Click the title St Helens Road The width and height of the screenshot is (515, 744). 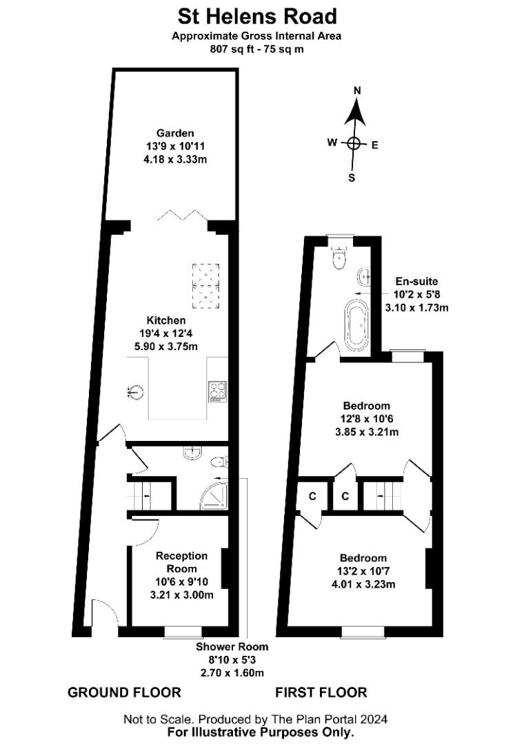click(257, 17)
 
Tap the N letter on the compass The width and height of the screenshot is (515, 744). click(358, 91)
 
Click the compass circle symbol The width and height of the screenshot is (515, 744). click(354, 143)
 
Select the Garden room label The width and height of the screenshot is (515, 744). click(175, 134)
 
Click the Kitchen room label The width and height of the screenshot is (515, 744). click(165, 320)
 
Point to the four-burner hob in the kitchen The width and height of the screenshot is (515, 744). click(217, 391)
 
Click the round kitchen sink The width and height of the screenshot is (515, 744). click(137, 392)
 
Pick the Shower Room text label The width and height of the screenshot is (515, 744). click(232, 647)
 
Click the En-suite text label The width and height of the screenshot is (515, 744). click(416, 281)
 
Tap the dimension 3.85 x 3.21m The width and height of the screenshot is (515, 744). click(367, 432)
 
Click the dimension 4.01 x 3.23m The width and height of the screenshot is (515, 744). click(363, 584)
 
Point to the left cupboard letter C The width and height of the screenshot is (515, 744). click(312, 496)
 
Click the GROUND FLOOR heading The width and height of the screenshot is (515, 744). click(124, 692)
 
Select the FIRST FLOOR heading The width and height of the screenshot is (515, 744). click(321, 692)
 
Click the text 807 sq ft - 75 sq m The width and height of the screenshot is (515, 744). click(256, 49)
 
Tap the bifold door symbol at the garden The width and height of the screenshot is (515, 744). click(182, 215)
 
